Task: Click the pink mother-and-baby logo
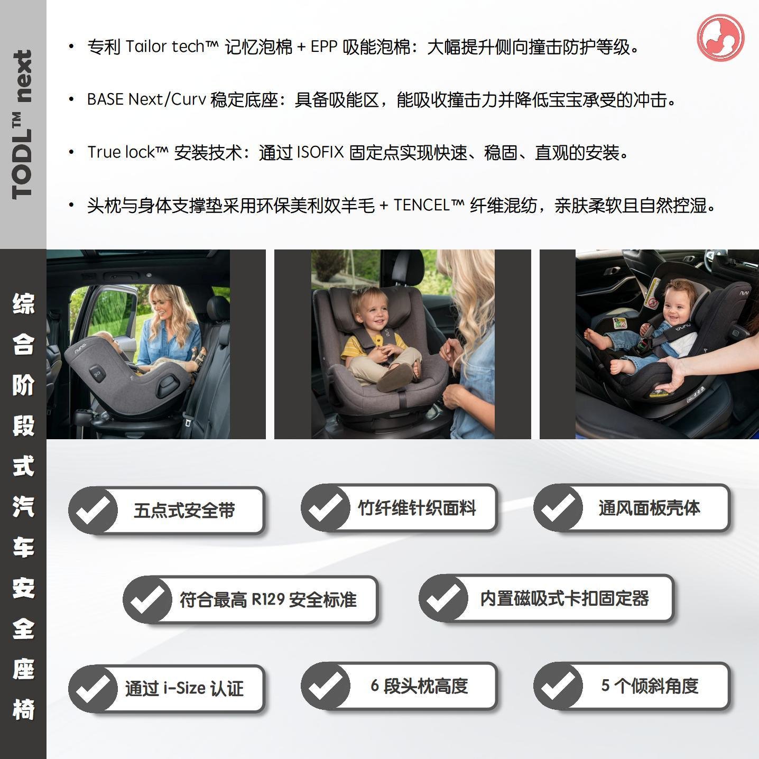[x=720, y=38]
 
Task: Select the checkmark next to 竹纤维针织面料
[x=326, y=508]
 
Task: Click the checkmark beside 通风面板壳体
[x=558, y=508]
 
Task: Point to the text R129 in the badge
[x=268, y=599]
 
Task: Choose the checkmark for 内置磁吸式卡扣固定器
[x=443, y=598]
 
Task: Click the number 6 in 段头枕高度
[x=375, y=686]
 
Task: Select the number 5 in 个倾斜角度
[x=605, y=686]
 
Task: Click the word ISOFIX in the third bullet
[x=320, y=152]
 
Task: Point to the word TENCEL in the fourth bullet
[x=422, y=205]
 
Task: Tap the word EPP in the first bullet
[x=324, y=47]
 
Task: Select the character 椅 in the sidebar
[x=23, y=709]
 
